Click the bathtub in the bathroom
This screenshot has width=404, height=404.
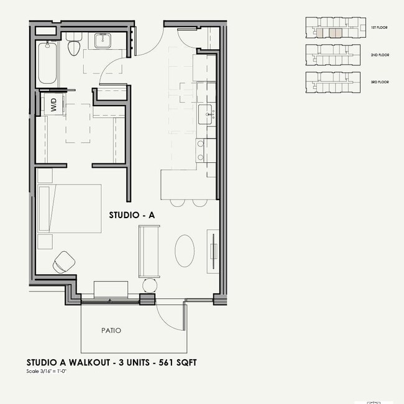47,64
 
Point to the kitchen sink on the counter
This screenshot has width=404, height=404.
206,114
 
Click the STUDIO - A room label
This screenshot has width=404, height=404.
131,215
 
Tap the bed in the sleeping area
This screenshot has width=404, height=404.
69,208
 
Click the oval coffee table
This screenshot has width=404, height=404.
185,250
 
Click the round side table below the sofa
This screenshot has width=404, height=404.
150,285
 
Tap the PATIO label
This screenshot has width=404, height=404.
111,330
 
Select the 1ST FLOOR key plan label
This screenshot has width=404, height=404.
379,29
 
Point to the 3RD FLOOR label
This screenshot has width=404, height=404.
380,82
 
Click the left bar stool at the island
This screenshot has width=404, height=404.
178,202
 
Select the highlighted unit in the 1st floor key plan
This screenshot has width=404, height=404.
335,32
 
